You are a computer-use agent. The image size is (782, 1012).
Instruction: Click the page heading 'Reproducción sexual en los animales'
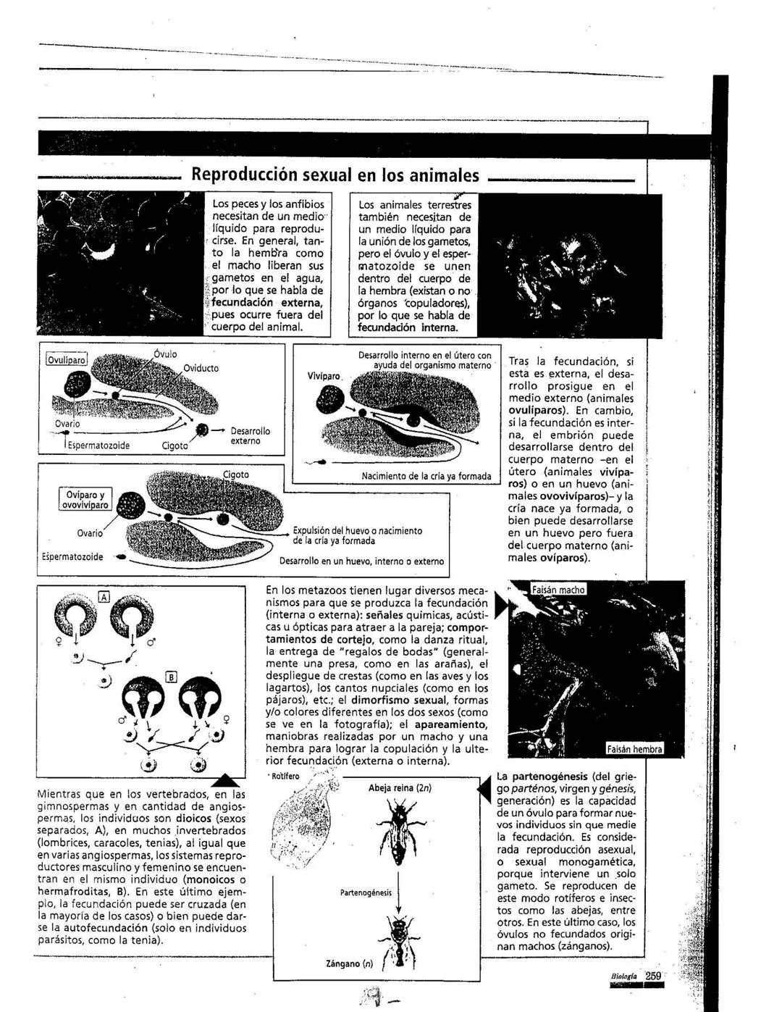point(335,175)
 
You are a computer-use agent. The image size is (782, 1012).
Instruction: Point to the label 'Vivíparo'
point(324,377)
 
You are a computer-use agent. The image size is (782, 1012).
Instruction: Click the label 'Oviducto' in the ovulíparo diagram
point(201,368)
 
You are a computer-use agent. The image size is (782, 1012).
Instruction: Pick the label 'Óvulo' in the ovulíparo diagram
point(165,354)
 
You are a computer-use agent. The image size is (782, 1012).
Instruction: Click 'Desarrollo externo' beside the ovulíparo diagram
point(251,436)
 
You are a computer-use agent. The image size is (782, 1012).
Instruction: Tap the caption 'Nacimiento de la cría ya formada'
point(426,477)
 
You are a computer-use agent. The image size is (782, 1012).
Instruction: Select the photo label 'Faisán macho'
point(558,590)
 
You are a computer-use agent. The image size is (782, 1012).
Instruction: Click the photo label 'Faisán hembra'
point(634,750)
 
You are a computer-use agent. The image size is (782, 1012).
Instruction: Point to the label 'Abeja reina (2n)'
point(400,788)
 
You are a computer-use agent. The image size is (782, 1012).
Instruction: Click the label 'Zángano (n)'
point(350,964)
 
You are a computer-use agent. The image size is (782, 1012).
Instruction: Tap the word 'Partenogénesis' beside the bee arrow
point(366,892)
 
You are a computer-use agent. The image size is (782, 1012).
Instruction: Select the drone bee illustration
point(398,934)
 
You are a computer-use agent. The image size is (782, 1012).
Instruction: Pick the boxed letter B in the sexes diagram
point(172,677)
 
